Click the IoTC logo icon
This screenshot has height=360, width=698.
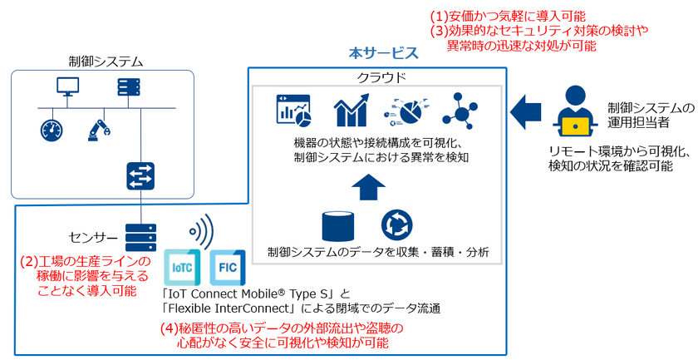point(182,267)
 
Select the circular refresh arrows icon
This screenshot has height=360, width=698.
point(396,226)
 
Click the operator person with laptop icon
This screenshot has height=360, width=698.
point(574,111)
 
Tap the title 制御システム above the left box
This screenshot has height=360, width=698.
point(106,61)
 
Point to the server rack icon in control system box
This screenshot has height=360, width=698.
point(128,87)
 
